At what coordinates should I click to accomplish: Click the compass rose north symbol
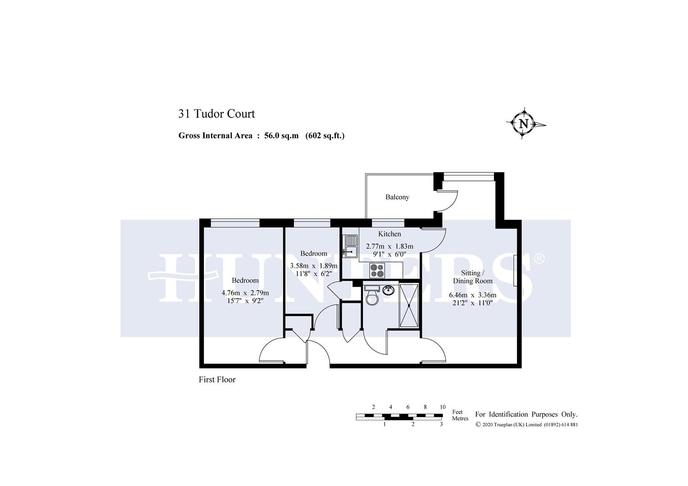[524, 124]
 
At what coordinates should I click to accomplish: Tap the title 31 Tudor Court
[217, 114]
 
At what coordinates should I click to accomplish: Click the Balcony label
[397, 197]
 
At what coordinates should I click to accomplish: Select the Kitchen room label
[389, 234]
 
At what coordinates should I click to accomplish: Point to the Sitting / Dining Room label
[472, 277]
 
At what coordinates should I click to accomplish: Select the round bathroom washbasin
[388, 290]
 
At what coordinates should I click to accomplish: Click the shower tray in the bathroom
[409, 306]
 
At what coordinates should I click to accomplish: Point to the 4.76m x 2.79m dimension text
[245, 293]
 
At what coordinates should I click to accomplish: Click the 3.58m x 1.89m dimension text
[313, 265]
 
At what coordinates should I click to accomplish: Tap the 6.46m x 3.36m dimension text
[472, 295]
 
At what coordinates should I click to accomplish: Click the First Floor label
[217, 379]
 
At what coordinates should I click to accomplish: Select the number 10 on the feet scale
[443, 407]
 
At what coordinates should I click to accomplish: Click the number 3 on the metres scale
[441, 424]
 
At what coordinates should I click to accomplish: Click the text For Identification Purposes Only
[526, 414]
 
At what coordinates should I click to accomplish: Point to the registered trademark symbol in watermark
[539, 259]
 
